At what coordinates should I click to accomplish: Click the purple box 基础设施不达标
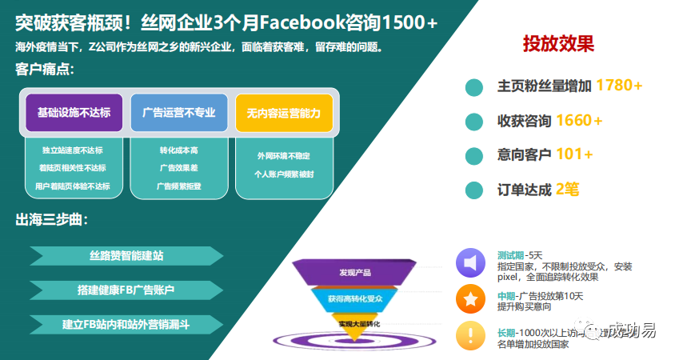pos(74,113)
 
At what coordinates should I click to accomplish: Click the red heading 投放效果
pos(558,43)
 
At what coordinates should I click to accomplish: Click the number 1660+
pos(579,121)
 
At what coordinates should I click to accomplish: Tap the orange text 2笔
pos(567,190)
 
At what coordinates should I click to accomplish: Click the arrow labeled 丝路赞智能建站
pos(126,256)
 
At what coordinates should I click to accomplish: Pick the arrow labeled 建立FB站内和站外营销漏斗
pos(126,324)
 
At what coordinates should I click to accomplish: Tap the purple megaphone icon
pos(470,263)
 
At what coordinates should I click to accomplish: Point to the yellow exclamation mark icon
pos(470,335)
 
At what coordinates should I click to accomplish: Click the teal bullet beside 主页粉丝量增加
pos(474,86)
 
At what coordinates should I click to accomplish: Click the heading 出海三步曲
pos(53,220)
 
